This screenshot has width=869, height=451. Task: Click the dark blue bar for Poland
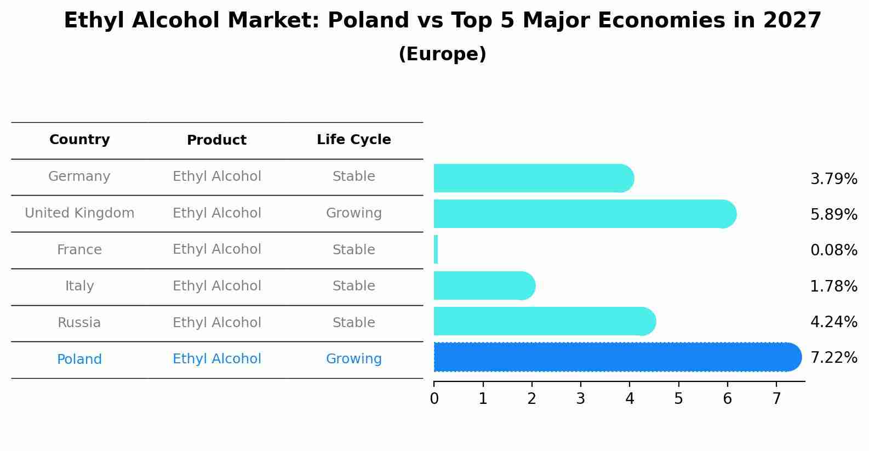(x=614, y=357)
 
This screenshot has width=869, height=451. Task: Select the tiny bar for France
(x=436, y=250)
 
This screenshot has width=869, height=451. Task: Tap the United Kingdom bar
(x=581, y=214)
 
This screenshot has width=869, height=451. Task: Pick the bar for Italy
(x=482, y=286)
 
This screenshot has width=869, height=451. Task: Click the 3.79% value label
(x=833, y=179)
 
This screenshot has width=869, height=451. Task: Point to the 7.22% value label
(x=833, y=358)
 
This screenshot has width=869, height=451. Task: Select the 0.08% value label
(x=833, y=250)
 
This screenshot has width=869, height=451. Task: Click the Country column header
(x=79, y=140)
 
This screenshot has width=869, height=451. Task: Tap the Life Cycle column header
(x=353, y=140)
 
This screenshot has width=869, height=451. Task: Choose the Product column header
(x=216, y=140)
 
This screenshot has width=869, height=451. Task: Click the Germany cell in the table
(x=79, y=176)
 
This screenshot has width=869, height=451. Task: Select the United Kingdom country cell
(x=79, y=213)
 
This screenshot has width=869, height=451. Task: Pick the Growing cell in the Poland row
(x=353, y=359)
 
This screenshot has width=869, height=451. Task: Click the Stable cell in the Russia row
(x=353, y=323)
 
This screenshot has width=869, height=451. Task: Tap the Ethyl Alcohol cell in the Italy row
(x=216, y=286)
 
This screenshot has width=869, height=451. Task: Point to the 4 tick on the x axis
(x=630, y=398)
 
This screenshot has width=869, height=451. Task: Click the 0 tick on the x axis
(x=434, y=398)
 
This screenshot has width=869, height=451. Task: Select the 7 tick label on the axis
(x=776, y=398)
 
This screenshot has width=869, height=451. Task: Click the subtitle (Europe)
(x=442, y=54)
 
